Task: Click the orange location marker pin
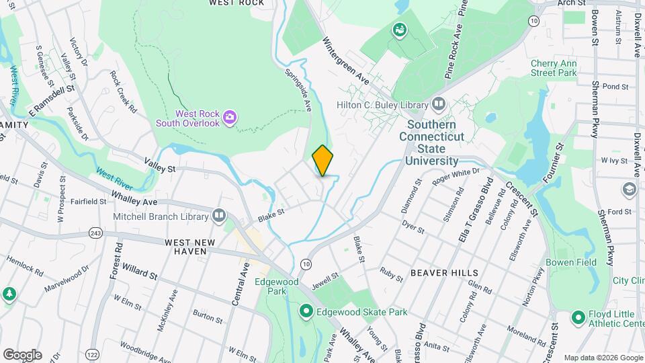pos(322,161)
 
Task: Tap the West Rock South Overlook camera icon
pos(230,118)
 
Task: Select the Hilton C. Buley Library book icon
pos(439,104)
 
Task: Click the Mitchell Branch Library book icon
pos(219,216)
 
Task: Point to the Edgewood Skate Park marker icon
pos(306,311)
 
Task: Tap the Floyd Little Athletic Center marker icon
pos(577,317)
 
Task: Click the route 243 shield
pos(95,233)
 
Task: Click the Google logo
pos(21,354)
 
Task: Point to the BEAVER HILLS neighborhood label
pos(444,273)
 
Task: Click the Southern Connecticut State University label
pos(431,143)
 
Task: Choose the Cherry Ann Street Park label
pos(554,67)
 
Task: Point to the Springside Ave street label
pos(299,89)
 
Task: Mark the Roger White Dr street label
pos(457,177)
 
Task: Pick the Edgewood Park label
pos(271,286)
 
